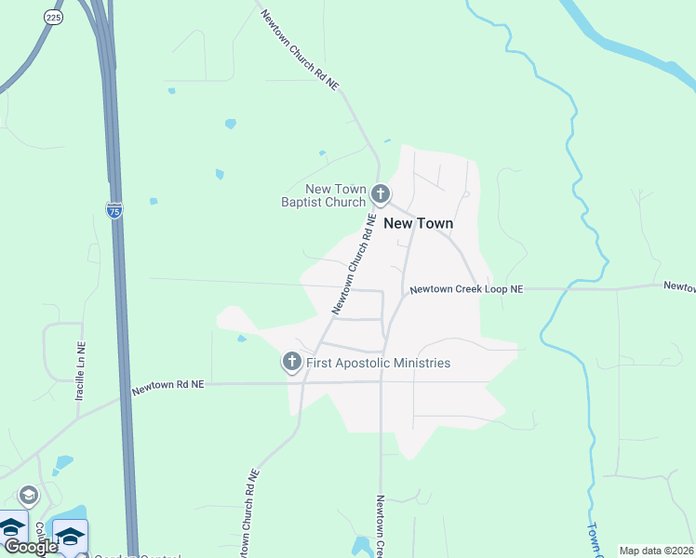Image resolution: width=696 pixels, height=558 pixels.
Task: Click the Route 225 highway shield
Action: tap(52, 17)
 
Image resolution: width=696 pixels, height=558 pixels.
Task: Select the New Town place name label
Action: tap(419, 223)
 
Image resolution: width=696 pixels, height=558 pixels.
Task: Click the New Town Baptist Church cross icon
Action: tap(380, 194)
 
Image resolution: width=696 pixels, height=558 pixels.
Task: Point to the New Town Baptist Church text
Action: tap(323, 195)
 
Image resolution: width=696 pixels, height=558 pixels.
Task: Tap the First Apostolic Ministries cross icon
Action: tap(292, 362)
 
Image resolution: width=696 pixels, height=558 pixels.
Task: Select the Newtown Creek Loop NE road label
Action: tap(467, 290)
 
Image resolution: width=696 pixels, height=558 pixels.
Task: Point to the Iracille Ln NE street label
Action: tap(80, 371)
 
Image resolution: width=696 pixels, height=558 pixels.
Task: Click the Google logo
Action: tap(30, 547)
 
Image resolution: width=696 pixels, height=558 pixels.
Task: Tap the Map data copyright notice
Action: tap(656, 551)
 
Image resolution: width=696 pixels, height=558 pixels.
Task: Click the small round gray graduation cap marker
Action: tap(28, 496)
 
